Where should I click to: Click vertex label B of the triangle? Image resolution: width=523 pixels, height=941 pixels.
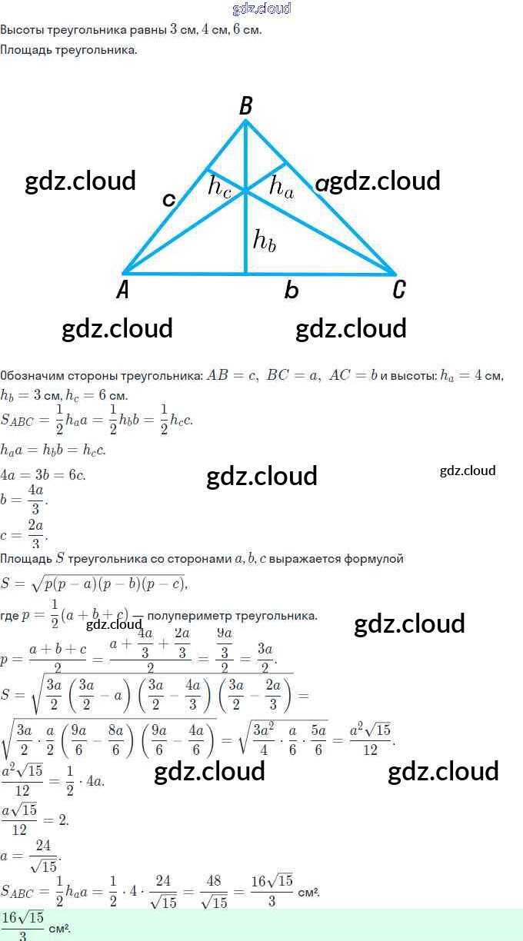[x=246, y=106]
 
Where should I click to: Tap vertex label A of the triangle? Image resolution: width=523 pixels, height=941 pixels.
[x=123, y=289]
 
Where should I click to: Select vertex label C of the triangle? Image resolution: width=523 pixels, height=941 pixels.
[x=398, y=289]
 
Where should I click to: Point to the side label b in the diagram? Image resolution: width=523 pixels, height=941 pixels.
[x=291, y=290]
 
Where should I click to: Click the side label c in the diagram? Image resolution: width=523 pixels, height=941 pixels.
[x=169, y=199]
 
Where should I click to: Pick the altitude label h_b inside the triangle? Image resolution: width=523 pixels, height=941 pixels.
[x=265, y=241]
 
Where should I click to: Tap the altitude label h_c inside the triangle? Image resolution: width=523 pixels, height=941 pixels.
[x=220, y=187]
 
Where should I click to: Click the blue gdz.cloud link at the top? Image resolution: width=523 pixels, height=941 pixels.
[x=261, y=8]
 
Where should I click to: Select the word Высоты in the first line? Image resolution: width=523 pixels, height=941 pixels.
[x=22, y=30]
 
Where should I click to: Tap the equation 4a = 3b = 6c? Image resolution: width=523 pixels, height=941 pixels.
[x=43, y=474]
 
